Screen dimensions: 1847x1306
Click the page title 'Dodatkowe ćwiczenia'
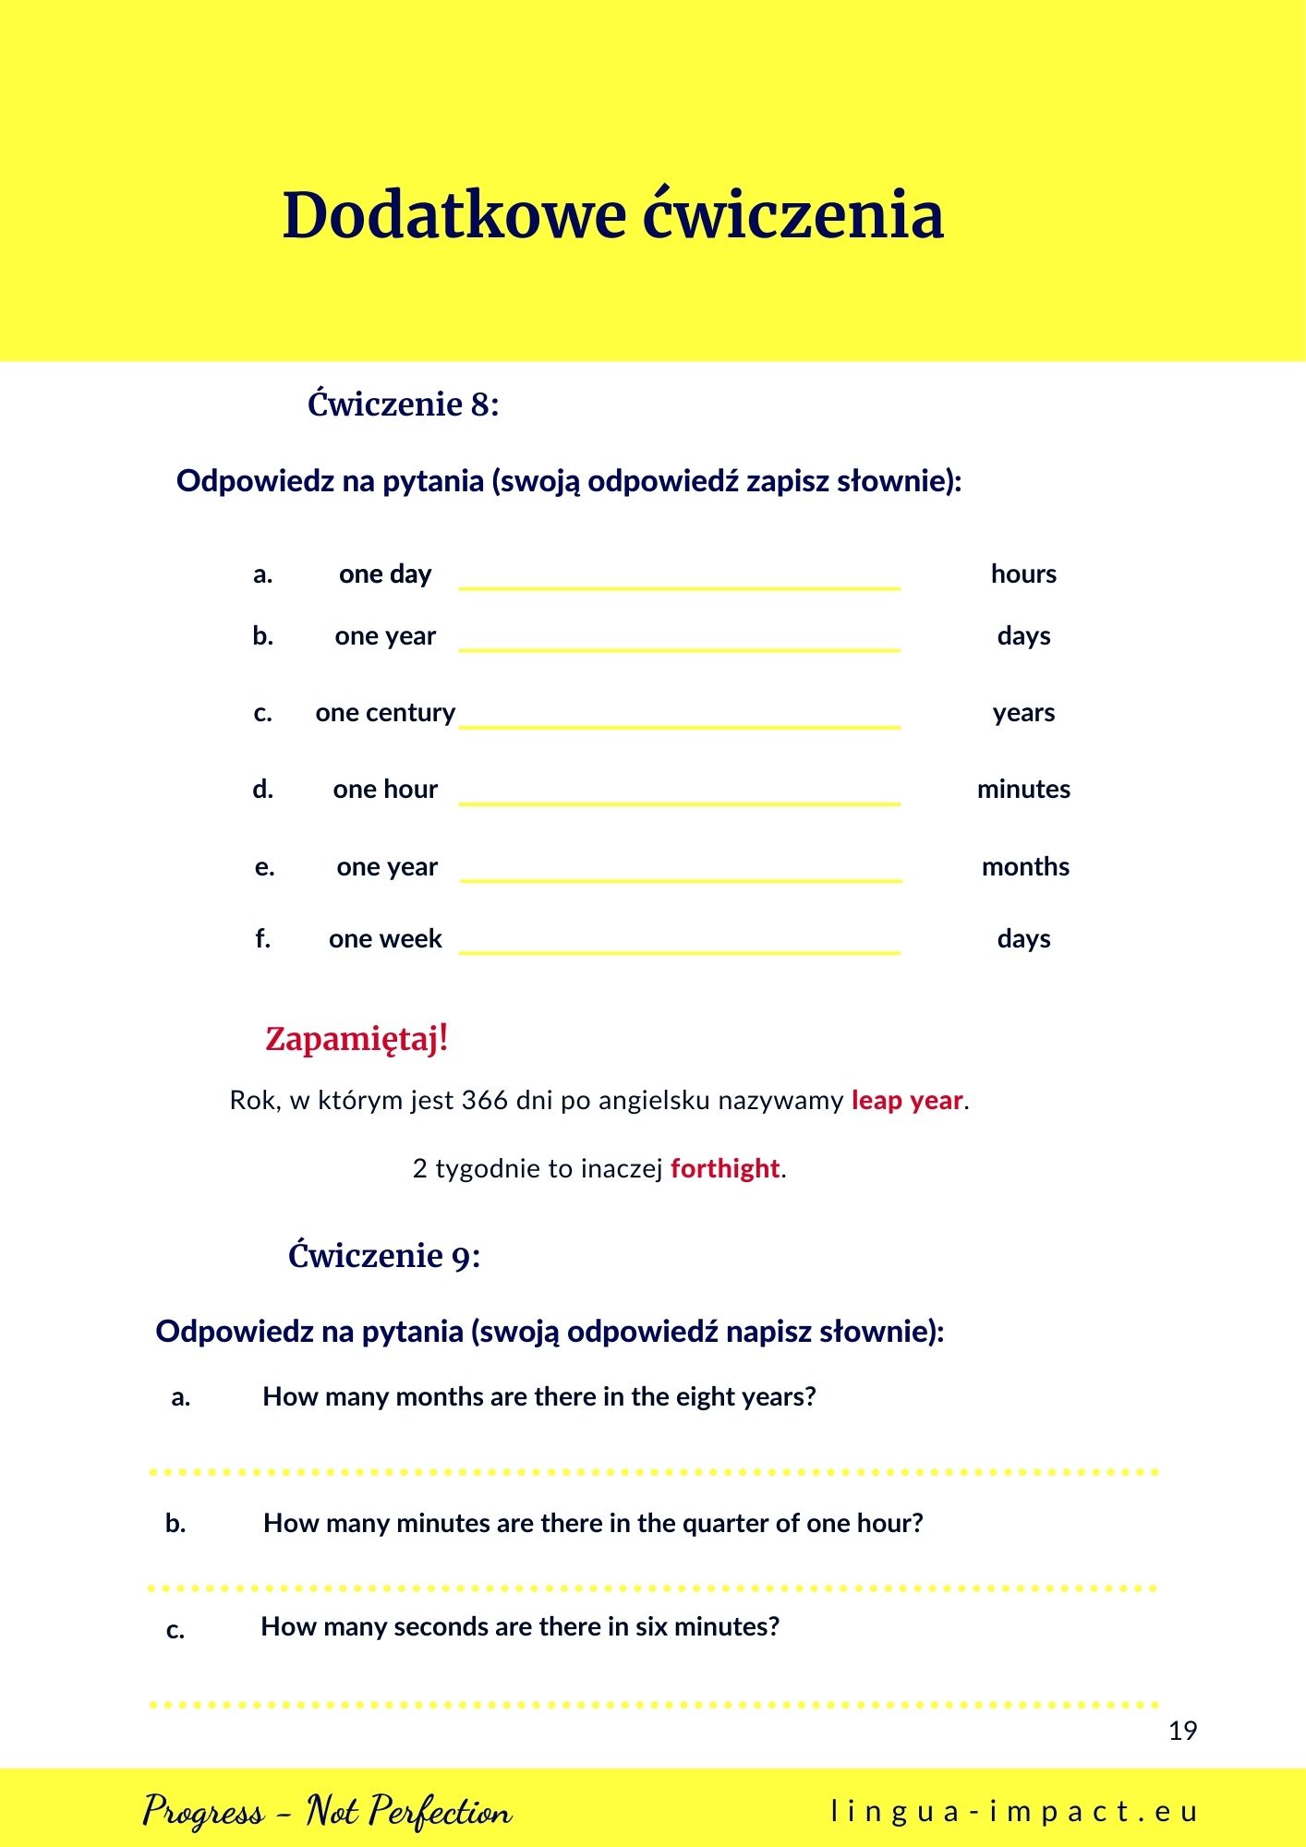click(x=612, y=215)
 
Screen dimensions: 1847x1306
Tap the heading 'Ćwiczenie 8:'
click(x=403, y=404)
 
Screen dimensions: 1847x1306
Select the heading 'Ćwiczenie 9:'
click(x=384, y=1256)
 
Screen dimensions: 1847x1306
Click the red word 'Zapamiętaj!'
click(x=357, y=1039)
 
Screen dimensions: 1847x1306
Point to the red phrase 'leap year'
click(x=907, y=1101)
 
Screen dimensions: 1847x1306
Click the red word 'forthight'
click(x=725, y=1169)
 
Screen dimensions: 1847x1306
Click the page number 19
click(x=1182, y=1731)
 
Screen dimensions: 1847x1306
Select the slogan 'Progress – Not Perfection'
click(x=327, y=1811)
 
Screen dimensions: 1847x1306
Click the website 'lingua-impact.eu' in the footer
click(x=1014, y=1812)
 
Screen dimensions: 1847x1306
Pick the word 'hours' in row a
click(x=1023, y=574)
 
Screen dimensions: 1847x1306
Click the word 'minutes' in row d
click(x=1023, y=790)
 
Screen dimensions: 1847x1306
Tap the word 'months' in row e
click(x=1025, y=867)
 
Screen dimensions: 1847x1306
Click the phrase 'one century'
click(x=385, y=713)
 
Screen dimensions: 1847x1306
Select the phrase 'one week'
click(x=385, y=939)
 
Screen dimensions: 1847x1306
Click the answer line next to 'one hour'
click(x=679, y=802)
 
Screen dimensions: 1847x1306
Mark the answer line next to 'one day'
click(x=679, y=585)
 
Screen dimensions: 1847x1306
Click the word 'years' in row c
click(x=1023, y=713)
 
